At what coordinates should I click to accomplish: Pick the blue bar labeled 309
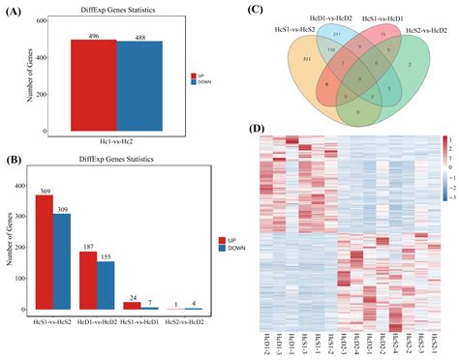pyautogui.click(x=62, y=256)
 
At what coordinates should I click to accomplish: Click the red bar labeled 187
pyautogui.click(x=88, y=280)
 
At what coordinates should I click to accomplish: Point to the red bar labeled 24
pyautogui.click(x=132, y=305)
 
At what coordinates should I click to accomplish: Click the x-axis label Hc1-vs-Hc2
pyautogui.click(x=116, y=142)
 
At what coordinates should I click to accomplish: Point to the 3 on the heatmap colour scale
pyautogui.click(x=448, y=141)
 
